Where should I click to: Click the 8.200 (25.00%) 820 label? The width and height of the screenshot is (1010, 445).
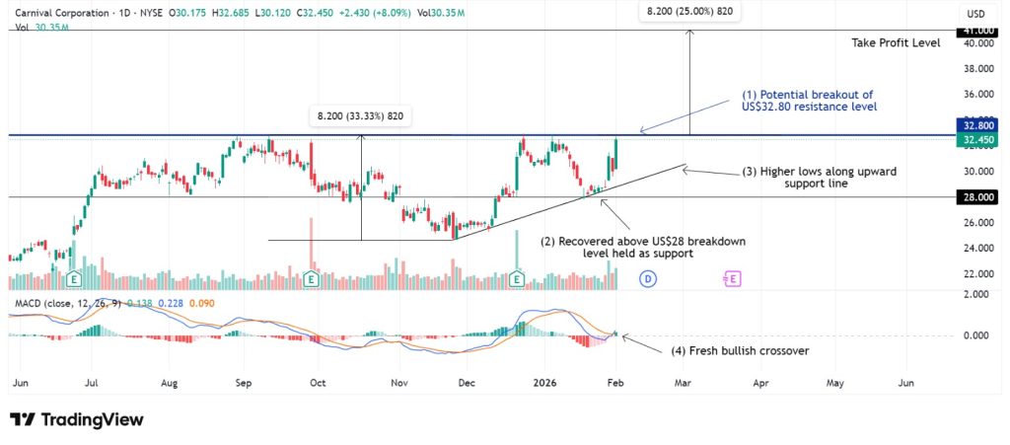tap(689, 11)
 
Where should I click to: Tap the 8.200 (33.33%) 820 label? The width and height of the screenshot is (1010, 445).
tap(361, 115)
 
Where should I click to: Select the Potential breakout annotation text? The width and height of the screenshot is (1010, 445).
tap(809, 100)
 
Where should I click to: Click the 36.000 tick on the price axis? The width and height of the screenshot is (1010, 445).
tap(977, 95)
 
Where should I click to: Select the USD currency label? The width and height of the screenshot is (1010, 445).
tap(976, 14)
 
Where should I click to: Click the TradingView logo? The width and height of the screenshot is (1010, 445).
tap(77, 419)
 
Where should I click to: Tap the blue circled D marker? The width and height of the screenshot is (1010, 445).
tap(649, 279)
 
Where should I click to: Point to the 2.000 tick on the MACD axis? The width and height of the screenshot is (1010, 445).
tap(976, 295)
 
